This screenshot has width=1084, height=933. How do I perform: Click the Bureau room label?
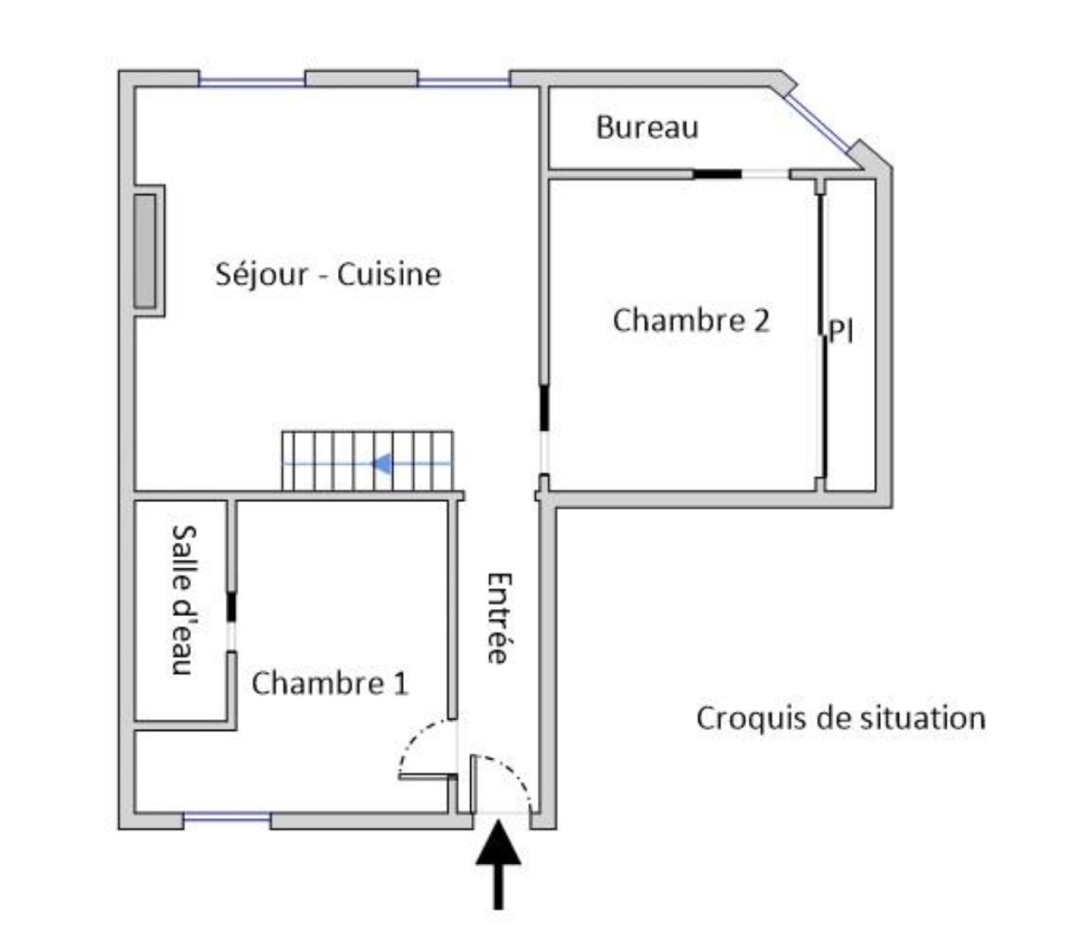pos(646,127)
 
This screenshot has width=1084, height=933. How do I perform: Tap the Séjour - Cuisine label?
pos(328,274)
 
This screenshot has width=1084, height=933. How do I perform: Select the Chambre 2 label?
pos(691,320)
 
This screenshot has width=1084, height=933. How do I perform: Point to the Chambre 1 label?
pos(330,683)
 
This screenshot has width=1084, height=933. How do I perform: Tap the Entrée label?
pos(499,618)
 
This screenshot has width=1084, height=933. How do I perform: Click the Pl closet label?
pos(841,331)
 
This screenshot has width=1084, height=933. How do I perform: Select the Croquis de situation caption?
pos(840,718)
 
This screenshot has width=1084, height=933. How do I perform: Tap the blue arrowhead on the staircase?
pos(383,464)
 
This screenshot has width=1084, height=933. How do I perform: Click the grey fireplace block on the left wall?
pos(145,251)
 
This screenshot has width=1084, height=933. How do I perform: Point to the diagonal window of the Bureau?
pos(817,123)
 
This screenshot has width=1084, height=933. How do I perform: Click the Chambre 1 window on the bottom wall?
pos(227,819)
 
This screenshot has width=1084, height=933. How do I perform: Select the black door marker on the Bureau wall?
pos(717,174)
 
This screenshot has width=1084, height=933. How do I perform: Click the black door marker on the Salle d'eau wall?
pos(231,606)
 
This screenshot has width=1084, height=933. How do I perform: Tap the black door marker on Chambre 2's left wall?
pos(543,408)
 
